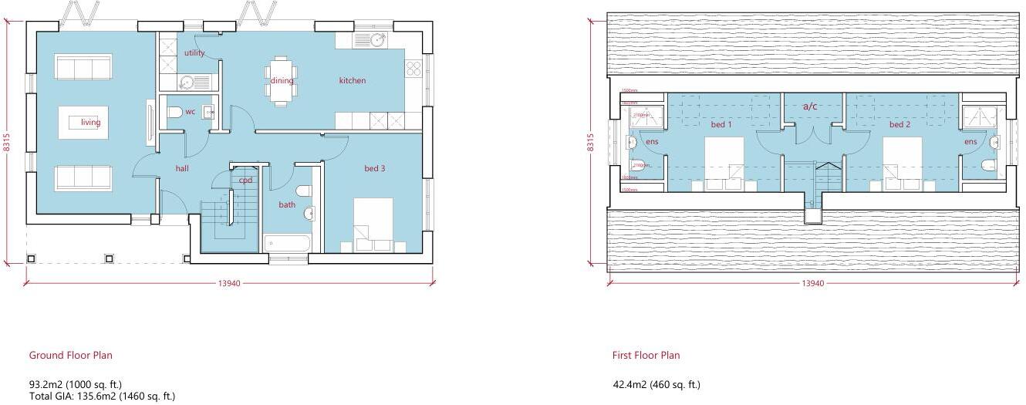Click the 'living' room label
(x=91, y=122)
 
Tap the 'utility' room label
(x=194, y=53)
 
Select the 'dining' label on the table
(x=282, y=80)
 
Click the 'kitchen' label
(x=353, y=80)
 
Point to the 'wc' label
(x=190, y=112)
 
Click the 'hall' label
(x=182, y=168)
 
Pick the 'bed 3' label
(x=374, y=168)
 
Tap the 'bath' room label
(x=287, y=205)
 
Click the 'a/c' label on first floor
(x=810, y=106)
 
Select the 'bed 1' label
(x=721, y=124)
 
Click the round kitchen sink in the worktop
(x=377, y=40)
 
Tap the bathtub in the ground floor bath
(x=287, y=245)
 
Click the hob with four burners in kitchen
(x=413, y=69)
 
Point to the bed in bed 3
(x=373, y=224)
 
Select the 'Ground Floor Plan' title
(x=70, y=356)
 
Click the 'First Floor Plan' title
(x=646, y=356)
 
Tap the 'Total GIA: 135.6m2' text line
(x=102, y=396)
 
